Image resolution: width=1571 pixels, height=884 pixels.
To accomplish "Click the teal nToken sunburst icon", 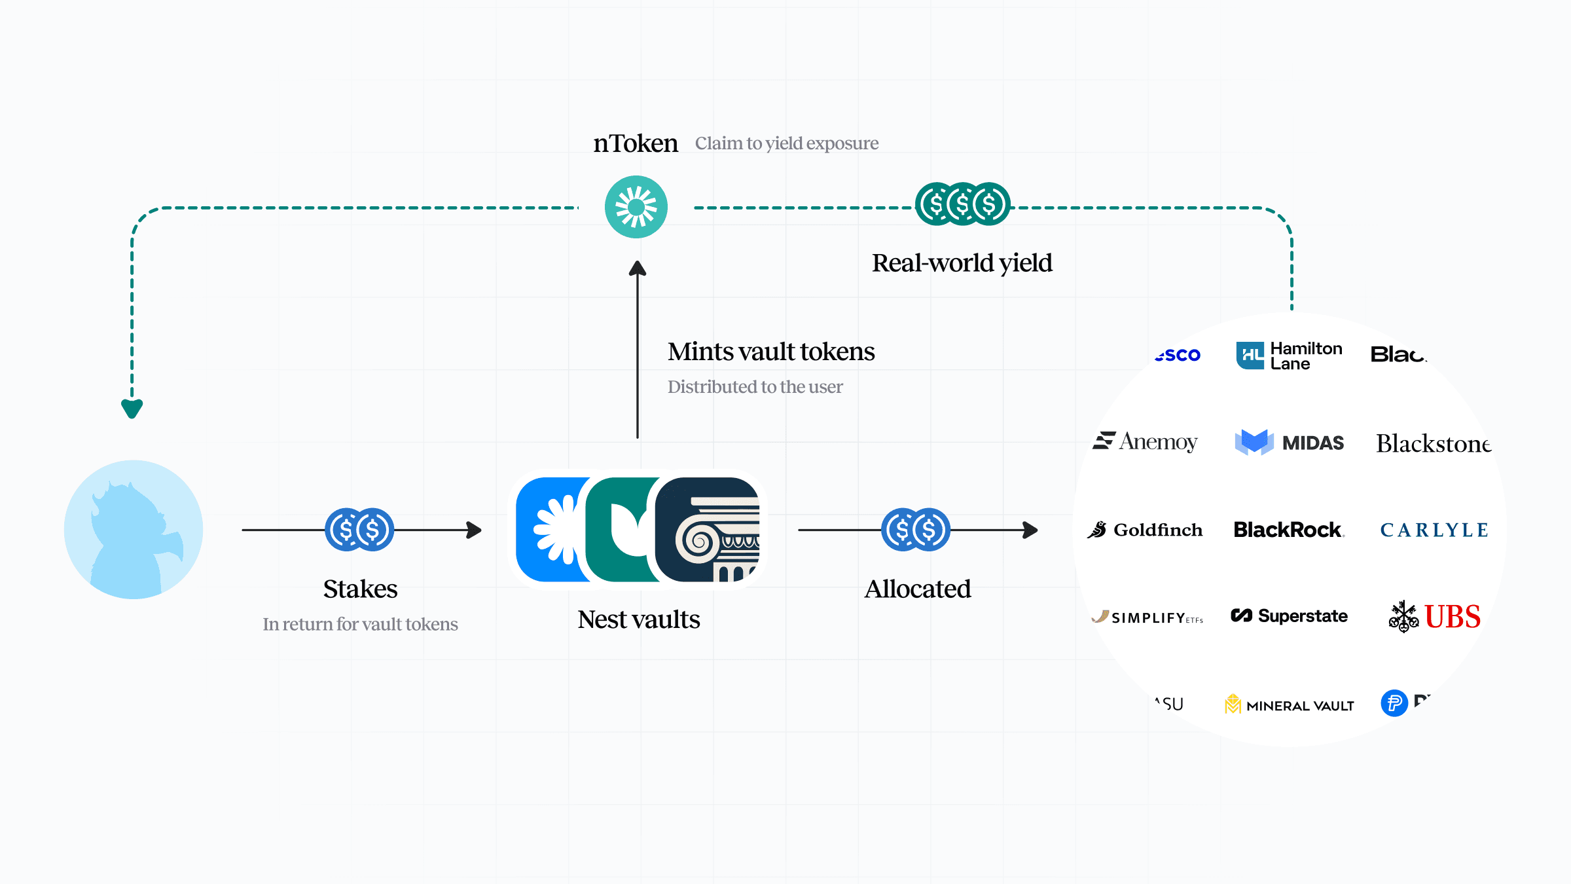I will [636, 207].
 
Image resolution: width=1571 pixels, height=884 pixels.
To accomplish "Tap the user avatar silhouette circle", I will [134, 529].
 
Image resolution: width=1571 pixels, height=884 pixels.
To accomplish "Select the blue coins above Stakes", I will [359, 529].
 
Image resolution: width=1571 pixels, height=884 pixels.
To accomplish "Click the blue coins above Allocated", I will [915, 529].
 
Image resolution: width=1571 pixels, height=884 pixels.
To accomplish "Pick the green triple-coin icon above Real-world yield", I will [962, 204].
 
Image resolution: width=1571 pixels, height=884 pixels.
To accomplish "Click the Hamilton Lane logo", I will [1289, 356].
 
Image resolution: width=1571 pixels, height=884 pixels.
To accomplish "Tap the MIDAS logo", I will [1289, 443].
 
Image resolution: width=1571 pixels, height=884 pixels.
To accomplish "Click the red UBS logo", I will [1435, 616].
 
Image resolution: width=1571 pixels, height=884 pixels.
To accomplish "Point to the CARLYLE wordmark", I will [1434, 530].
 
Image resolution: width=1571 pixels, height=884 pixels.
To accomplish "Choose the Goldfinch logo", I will [1146, 529].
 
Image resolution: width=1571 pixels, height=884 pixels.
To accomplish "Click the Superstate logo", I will [1289, 616].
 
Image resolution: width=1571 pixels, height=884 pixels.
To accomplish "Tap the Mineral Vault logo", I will [1289, 705].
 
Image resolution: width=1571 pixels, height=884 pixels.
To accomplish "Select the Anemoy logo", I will [1146, 441].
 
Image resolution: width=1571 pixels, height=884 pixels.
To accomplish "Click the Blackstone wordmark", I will [1433, 444].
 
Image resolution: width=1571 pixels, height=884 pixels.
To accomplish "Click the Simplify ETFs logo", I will [1147, 617].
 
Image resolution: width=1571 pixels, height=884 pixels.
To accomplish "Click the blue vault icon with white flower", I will [551, 529].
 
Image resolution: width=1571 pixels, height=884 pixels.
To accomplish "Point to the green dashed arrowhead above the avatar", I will [132, 409].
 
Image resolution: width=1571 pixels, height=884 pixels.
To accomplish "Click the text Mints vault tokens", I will [770, 352].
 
